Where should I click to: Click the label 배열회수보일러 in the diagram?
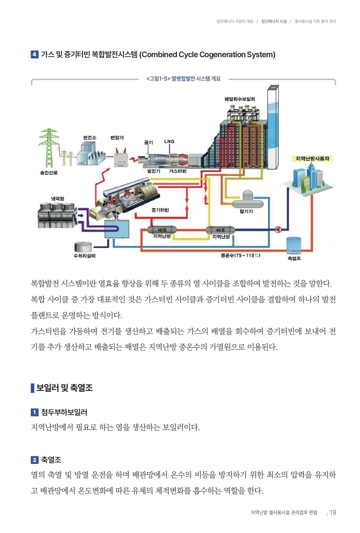(239, 99)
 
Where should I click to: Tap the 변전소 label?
(90, 137)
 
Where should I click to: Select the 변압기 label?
(117, 137)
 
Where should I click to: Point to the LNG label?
(169, 141)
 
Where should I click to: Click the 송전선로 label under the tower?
(49, 173)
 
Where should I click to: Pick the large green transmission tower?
(49, 147)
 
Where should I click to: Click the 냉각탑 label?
(57, 199)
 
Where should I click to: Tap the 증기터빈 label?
(160, 210)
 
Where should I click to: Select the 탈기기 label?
(246, 211)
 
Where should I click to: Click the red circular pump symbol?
(278, 230)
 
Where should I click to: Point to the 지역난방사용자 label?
(312, 159)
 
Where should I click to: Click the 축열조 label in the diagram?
(294, 258)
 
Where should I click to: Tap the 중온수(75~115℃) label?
(240, 255)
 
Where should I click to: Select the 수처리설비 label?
(85, 256)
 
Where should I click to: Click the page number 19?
(333, 513)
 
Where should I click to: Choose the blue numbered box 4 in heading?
(34, 54)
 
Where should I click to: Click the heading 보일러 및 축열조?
(64, 388)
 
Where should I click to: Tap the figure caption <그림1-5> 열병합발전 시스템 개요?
(183, 79)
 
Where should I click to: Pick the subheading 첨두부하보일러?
(64, 412)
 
